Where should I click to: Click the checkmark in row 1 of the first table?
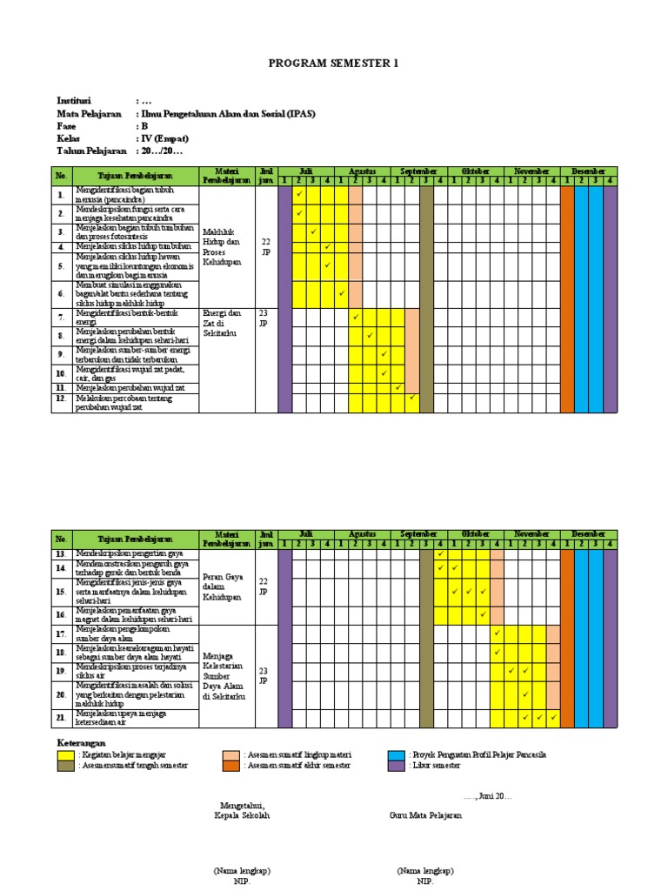(299, 194)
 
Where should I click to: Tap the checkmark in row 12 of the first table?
(412, 399)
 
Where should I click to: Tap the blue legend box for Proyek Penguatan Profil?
(397, 754)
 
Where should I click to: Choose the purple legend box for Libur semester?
(397, 766)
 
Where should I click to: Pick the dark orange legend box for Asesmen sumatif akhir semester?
(230, 766)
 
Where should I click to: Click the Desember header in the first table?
(589, 171)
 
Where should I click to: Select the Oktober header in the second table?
(476, 533)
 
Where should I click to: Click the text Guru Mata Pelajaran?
(426, 815)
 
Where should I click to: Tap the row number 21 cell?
(61, 717)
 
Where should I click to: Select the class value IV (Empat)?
(164, 138)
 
